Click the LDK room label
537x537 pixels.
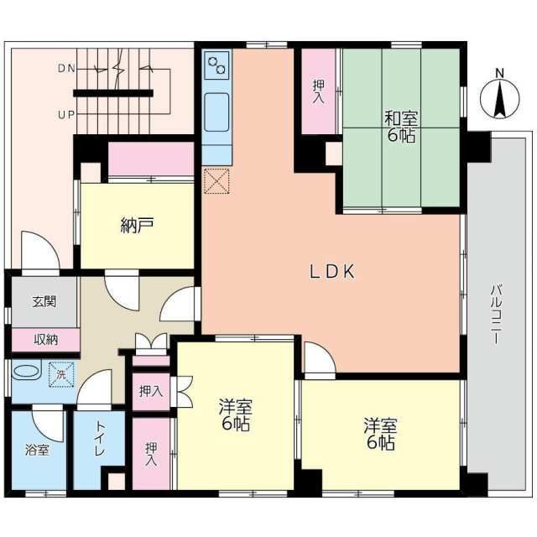[332, 272]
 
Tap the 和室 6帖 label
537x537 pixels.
[401, 127]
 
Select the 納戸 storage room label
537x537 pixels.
[137, 225]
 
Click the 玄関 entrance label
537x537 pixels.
[44, 301]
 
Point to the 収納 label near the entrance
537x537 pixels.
[45, 340]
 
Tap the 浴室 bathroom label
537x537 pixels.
[37, 450]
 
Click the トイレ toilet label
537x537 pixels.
[100, 439]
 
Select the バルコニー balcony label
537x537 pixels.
[496, 314]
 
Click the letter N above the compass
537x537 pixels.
[500, 73]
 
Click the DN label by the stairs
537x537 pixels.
[66, 69]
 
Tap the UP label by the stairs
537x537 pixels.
[66, 115]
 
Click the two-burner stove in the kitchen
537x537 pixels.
[216, 65]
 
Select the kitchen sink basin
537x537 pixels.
[216, 112]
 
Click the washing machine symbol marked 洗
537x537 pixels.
[61, 375]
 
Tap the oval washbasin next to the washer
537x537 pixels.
[26, 372]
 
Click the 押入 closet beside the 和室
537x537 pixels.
[318, 91]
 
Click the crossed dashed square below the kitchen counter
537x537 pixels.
[216, 181]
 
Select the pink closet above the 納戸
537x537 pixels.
[151, 159]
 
